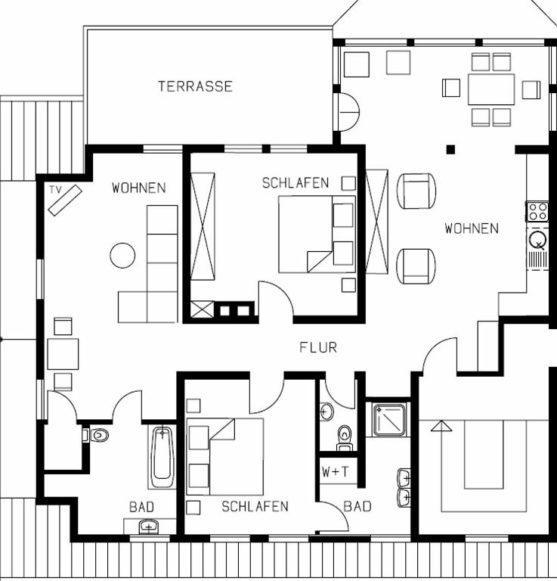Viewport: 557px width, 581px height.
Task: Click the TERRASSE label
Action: tap(196, 86)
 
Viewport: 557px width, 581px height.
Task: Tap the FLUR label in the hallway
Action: tap(318, 347)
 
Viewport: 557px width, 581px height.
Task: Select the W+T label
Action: tap(336, 472)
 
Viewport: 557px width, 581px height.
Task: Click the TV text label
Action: tap(55, 190)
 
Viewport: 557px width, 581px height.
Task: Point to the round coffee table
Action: tap(122, 255)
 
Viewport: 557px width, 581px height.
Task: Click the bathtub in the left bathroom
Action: tap(162, 458)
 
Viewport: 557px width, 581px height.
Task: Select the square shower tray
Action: tap(389, 420)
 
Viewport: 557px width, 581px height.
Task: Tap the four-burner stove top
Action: tap(537, 212)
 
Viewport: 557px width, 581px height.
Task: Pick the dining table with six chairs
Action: tap(491, 90)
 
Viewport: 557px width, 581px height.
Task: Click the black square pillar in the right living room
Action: tap(450, 149)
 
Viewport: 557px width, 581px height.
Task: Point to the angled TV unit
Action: tap(65, 200)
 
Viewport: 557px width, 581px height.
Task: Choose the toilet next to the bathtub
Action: tap(96, 435)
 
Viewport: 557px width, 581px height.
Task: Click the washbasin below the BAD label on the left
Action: tap(148, 527)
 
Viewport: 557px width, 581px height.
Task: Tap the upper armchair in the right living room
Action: tap(416, 191)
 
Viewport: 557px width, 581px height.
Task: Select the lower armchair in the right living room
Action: tap(416, 266)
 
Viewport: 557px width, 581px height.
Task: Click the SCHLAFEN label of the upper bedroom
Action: tap(296, 183)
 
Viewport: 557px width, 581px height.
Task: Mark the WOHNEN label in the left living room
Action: tap(139, 188)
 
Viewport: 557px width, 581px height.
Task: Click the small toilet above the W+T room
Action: tap(345, 437)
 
